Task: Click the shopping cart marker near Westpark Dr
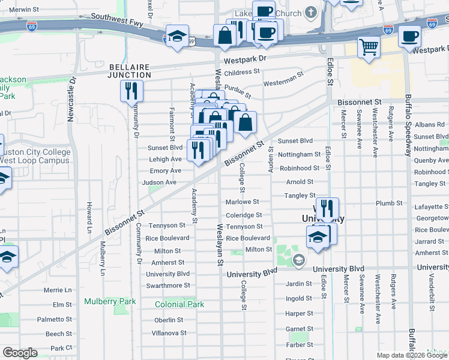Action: (x=369, y=47)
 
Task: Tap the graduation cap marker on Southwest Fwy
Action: (x=178, y=36)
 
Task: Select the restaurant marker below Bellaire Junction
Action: (x=131, y=91)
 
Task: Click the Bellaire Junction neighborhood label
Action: (x=129, y=71)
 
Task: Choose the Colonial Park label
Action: (x=179, y=304)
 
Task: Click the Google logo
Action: (x=20, y=352)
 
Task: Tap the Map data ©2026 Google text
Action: (x=412, y=355)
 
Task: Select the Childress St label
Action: (x=241, y=71)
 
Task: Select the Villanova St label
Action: (x=169, y=332)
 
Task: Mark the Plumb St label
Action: (x=384, y=203)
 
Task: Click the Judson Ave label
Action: (x=159, y=182)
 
